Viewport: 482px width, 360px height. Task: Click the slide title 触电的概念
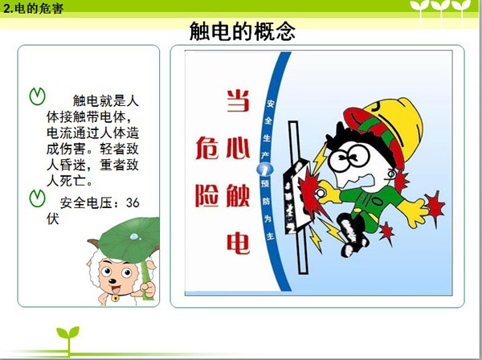(x=243, y=31)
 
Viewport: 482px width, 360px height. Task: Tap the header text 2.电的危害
(x=33, y=8)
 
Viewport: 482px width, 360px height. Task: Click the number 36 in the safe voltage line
(x=133, y=202)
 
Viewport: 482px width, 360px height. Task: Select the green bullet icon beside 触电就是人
(x=37, y=96)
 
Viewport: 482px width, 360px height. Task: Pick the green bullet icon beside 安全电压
(x=37, y=198)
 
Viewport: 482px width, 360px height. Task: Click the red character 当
(x=238, y=100)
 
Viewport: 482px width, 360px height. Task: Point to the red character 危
(x=207, y=148)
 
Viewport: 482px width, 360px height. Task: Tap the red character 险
(x=207, y=196)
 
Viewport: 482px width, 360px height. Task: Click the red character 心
(x=238, y=148)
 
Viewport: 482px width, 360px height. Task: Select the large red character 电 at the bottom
(x=238, y=243)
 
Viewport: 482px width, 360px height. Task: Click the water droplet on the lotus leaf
(x=135, y=237)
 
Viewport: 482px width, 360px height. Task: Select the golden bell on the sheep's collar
(x=115, y=298)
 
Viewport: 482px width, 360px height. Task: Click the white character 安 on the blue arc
(x=270, y=104)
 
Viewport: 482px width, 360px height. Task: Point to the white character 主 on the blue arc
(x=270, y=236)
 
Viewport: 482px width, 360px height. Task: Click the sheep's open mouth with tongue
(x=116, y=289)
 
